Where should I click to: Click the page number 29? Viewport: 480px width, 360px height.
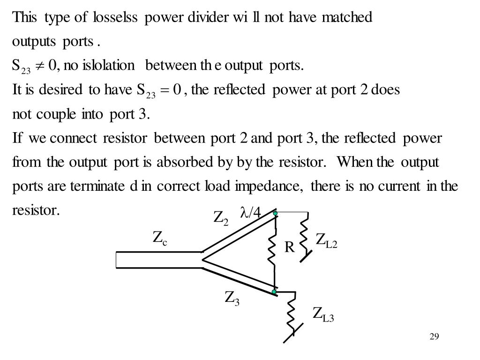(434, 337)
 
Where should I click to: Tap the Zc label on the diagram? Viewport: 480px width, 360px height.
(160, 239)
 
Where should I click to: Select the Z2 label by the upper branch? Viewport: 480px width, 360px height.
(221, 218)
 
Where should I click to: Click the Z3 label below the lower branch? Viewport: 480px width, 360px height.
(232, 298)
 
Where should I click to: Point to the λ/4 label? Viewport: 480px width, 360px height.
(250, 213)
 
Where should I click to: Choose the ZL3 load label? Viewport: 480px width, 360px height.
(323, 314)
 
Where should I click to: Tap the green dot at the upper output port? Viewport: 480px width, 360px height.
(276, 214)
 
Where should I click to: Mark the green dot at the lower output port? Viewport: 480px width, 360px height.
(274, 292)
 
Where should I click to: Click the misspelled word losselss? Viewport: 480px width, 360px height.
(115, 17)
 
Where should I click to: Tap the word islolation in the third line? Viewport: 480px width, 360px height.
(108, 65)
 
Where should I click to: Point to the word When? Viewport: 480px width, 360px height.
(355, 163)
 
